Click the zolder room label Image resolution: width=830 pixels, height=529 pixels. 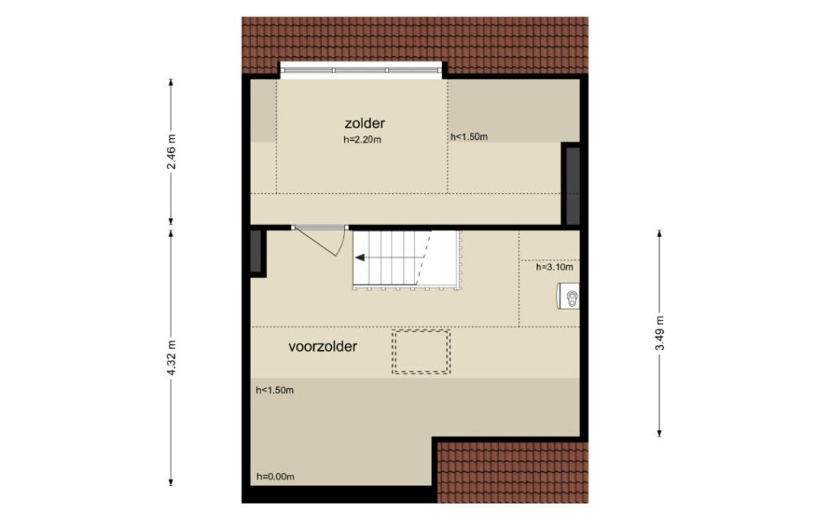[x=365, y=124]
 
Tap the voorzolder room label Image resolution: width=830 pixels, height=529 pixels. [x=323, y=347]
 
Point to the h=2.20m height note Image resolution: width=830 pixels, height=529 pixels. [x=363, y=140]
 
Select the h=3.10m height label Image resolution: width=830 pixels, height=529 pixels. [x=554, y=268]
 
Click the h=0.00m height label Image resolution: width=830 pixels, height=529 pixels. [x=275, y=477]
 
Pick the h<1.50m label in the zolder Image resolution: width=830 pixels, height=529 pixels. [x=469, y=137]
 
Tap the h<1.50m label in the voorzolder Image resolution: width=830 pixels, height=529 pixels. [x=275, y=391]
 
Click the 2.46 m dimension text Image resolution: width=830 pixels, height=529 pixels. [x=171, y=151]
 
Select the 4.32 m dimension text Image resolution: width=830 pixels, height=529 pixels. [x=171, y=358]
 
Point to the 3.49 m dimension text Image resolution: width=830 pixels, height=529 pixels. [x=660, y=333]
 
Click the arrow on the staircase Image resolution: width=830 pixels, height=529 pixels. [x=390, y=258]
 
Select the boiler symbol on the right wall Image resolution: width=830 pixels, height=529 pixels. [x=569, y=296]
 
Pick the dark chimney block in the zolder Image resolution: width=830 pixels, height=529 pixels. [x=574, y=186]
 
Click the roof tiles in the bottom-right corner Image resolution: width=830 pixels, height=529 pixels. [x=513, y=472]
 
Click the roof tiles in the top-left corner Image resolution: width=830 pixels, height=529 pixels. [x=260, y=46]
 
